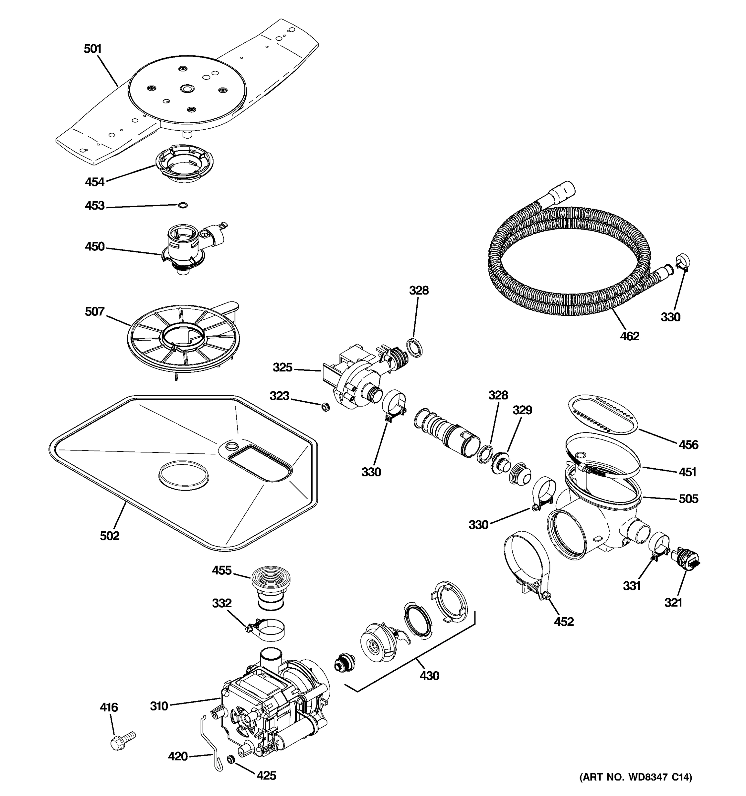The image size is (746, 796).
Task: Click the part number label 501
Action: [x=93, y=49]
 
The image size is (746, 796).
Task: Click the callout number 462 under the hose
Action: [x=630, y=336]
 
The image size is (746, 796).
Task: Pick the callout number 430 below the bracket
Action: [x=429, y=676]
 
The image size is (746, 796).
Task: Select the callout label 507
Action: [x=94, y=311]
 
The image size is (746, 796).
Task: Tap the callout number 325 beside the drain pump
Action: [x=282, y=367]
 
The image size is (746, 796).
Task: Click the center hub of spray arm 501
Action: [x=186, y=89]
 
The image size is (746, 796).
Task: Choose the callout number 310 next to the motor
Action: [x=159, y=706]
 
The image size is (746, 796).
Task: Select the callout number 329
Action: [x=522, y=410]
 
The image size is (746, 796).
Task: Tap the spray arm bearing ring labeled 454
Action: [x=184, y=164]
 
